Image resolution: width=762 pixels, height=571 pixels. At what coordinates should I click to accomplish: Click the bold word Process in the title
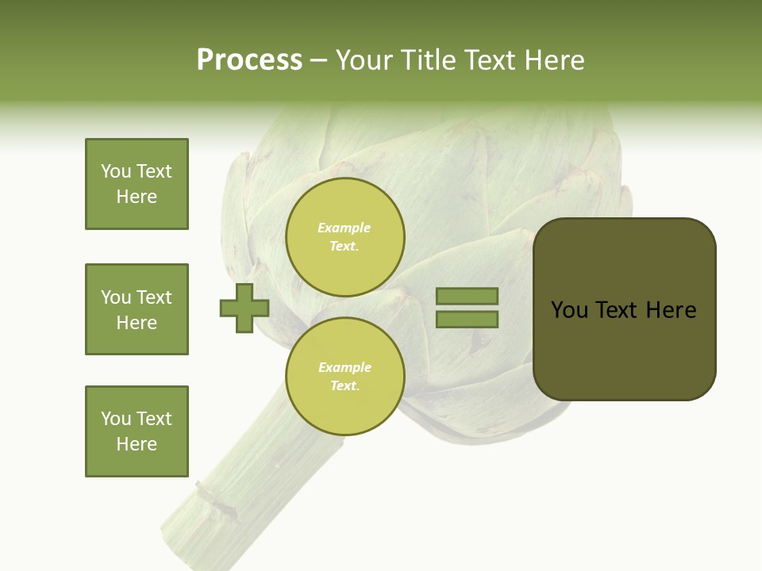(x=249, y=60)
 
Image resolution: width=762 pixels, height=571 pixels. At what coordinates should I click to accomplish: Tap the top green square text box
(x=137, y=184)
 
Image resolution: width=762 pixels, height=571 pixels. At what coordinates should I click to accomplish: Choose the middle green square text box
(x=137, y=309)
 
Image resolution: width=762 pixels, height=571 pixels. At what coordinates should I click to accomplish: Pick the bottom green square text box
(x=137, y=431)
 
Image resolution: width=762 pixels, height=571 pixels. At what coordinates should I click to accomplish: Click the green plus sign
(x=244, y=308)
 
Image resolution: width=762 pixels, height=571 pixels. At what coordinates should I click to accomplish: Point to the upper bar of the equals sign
(x=467, y=296)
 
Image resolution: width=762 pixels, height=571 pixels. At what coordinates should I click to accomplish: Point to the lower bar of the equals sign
(x=467, y=320)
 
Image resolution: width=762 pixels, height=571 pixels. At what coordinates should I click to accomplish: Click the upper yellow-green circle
(x=345, y=237)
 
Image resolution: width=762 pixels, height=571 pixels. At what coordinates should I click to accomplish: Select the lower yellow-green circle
(x=345, y=376)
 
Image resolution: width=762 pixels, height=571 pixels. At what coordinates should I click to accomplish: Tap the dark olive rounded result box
(x=624, y=308)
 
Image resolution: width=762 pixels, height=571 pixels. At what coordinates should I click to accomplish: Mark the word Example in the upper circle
(x=344, y=228)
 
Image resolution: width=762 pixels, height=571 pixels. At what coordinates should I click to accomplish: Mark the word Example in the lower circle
(x=344, y=367)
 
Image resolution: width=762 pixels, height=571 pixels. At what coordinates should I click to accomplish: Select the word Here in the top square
(x=137, y=197)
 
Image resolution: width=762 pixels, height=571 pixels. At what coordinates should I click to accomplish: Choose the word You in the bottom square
(x=116, y=419)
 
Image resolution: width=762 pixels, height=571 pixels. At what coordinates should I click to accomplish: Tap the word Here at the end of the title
(x=555, y=60)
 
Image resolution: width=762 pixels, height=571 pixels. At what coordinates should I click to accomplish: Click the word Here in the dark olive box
(x=671, y=310)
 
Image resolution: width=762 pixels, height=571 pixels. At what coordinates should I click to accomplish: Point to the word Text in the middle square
(x=153, y=297)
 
